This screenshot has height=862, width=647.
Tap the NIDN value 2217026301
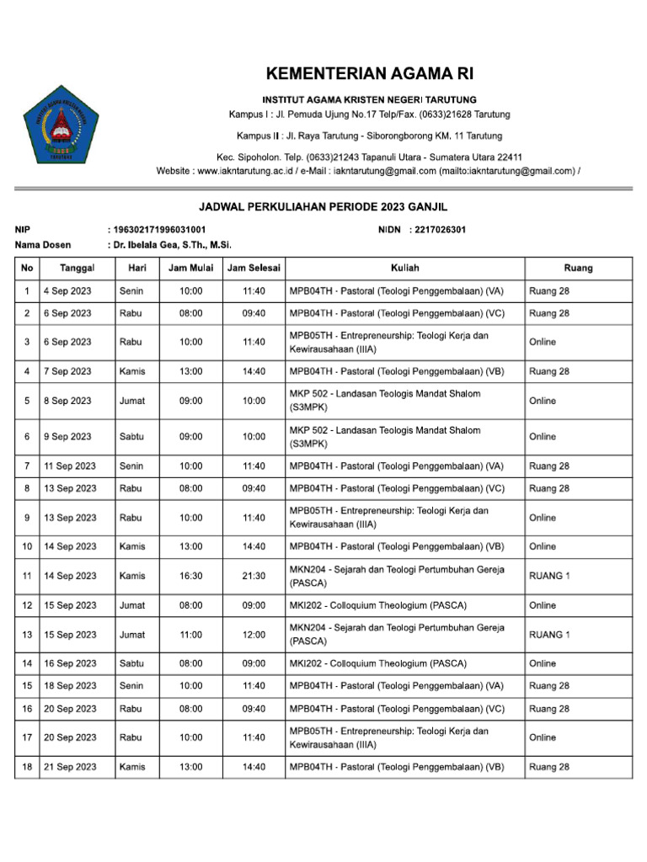click(437, 230)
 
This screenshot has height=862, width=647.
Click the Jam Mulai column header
click(191, 269)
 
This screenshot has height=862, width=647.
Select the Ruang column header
click(578, 269)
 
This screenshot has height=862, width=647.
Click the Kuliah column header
click(405, 269)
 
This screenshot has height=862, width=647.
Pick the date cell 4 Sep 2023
click(67, 291)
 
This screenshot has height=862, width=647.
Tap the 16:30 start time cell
click(191, 576)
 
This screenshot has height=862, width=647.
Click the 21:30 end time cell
click(254, 576)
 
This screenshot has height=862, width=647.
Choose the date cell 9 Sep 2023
click(67, 437)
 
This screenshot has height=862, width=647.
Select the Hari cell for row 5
click(132, 402)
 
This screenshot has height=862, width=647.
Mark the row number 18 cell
click(28, 767)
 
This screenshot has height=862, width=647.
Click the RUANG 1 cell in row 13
click(549, 635)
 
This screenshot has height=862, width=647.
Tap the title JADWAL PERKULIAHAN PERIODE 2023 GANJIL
click(323, 206)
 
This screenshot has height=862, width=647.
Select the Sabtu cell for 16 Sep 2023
click(131, 663)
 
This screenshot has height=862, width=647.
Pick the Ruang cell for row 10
click(543, 546)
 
